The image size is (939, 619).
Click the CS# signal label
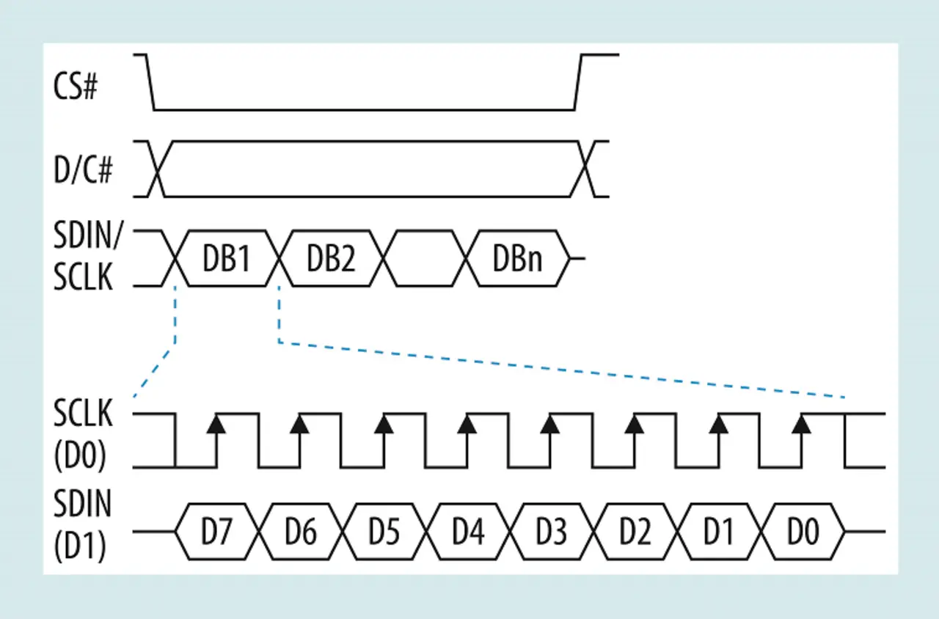tap(76, 88)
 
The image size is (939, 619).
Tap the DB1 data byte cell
tap(227, 258)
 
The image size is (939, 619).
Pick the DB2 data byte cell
tap(331, 258)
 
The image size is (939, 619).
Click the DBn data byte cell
tap(518, 258)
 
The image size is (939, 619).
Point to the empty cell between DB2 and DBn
tap(425, 258)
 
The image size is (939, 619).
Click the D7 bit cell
tap(217, 532)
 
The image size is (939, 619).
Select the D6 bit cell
tap(301, 532)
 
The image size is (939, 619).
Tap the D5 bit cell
tap(384, 532)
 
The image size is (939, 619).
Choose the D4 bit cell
tap(468, 532)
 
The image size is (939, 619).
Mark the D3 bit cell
tap(552, 532)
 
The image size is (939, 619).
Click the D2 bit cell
tap(635, 532)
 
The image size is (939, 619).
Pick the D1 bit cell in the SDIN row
tap(719, 532)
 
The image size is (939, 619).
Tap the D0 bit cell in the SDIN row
tap(803, 532)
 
